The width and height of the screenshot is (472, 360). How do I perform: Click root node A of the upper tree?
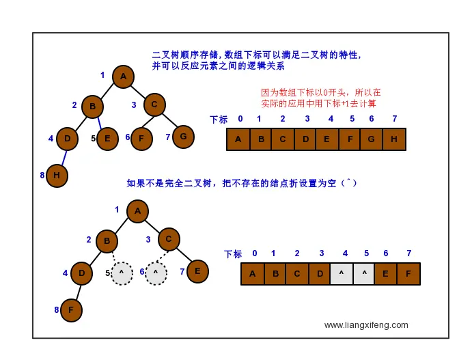[123, 77]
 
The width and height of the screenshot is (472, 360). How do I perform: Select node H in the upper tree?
[57, 176]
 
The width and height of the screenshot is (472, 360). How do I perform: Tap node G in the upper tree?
[183, 137]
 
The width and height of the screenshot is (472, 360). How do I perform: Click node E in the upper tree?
[107, 139]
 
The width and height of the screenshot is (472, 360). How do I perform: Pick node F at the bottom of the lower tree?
[71, 310]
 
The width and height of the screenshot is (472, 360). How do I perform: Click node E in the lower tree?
[197, 271]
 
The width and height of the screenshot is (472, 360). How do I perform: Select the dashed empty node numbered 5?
[122, 273]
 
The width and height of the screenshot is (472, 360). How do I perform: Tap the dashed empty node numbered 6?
[156, 273]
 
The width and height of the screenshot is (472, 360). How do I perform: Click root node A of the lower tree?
[137, 211]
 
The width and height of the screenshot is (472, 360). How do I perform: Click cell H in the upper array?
[394, 139]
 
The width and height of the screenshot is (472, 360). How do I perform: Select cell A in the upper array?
[238, 139]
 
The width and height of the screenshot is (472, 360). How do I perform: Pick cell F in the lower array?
[408, 274]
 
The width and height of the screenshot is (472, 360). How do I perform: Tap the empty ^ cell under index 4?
[342, 274]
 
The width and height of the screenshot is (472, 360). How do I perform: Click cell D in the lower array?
[319, 274]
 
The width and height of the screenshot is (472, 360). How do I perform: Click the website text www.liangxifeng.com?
[366, 325]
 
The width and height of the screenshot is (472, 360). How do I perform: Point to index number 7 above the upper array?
[394, 119]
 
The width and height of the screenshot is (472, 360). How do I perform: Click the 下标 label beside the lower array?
[233, 254]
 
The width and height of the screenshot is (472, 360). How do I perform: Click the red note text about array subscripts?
[320, 98]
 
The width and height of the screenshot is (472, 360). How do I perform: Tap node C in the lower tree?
[169, 239]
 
